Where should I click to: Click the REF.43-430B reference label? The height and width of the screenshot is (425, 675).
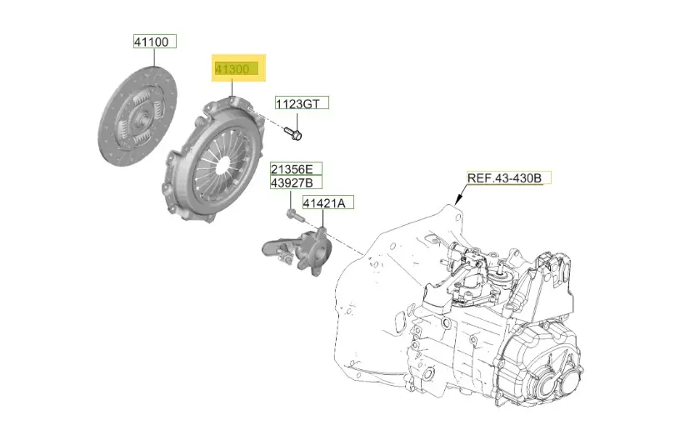tap(508, 177)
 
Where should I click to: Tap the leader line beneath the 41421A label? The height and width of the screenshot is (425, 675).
tap(321, 218)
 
